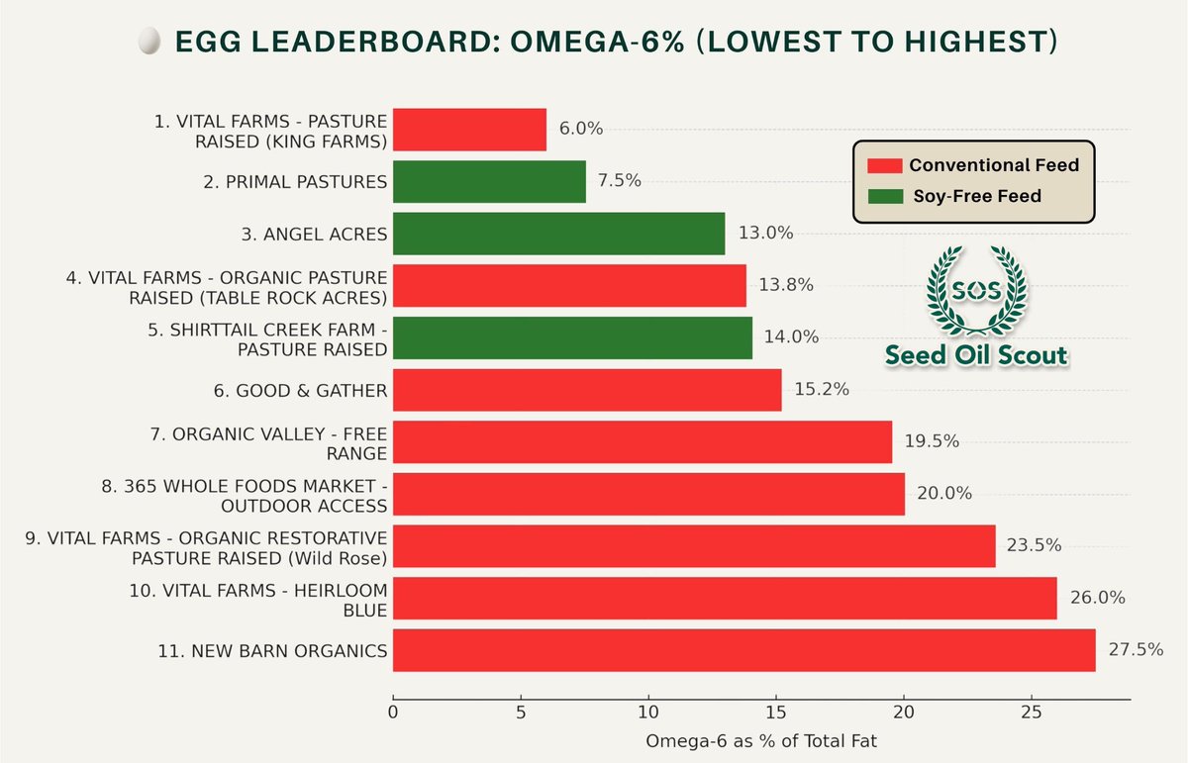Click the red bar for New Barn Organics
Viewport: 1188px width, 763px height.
click(744, 650)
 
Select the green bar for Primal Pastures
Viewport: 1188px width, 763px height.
click(489, 181)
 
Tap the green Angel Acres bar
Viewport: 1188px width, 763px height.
click(558, 234)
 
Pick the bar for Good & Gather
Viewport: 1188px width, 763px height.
click(587, 390)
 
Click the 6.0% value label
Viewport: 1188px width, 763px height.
click(581, 129)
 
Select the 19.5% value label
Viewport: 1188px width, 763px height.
click(932, 441)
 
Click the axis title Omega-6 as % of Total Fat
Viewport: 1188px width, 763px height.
click(760, 740)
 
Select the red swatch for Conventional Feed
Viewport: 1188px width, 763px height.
click(884, 165)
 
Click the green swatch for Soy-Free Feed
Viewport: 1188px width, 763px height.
click(884, 196)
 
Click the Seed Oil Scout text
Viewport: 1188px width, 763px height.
click(976, 354)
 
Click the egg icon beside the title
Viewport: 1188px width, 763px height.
click(148, 43)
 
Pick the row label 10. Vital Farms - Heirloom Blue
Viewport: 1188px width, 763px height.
click(258, 599)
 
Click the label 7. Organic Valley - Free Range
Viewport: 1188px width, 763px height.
click(280, 442)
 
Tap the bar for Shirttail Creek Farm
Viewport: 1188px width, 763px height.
click(572, 337)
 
